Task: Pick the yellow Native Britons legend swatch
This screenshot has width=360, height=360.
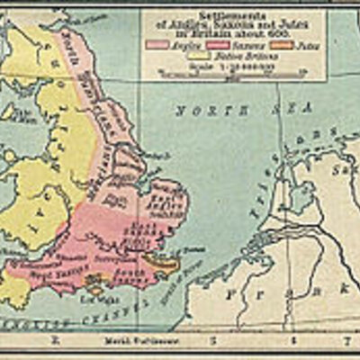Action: [x=196, y=55]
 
